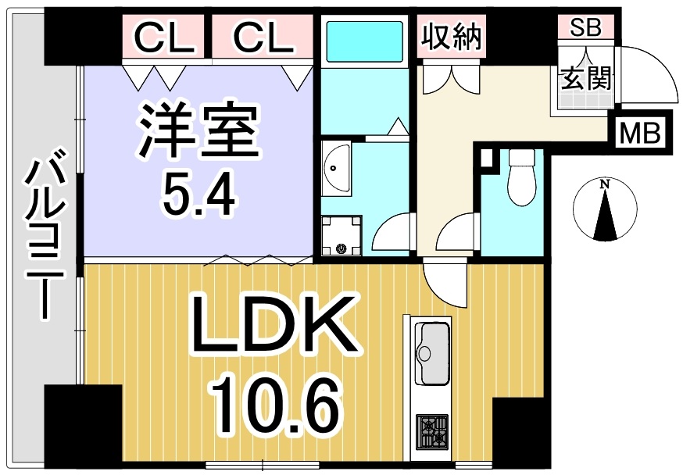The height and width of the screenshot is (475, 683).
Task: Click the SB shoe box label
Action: click(586, 27)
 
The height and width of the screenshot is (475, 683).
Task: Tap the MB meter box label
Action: click(640, 134)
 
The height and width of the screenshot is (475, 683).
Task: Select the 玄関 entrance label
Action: click(586, 79)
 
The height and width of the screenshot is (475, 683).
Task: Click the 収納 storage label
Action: click(451, 37)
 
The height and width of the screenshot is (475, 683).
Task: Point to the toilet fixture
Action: click(521, 177)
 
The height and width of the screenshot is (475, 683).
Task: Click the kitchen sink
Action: click(431, 353)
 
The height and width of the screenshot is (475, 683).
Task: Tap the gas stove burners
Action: click(431, 432)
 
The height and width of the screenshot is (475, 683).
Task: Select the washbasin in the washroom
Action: click(336, 170)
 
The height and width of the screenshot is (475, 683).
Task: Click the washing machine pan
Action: click(341, 235)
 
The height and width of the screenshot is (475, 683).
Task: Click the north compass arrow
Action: click(606, 214)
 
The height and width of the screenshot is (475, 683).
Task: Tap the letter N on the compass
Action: click(604, 184)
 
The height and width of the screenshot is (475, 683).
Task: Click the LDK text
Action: click(270, 324)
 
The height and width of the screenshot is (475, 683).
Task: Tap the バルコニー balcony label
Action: click(44, 234)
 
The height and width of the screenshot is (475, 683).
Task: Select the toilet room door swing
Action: click(455, 234)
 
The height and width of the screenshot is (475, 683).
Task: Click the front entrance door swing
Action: click(650, 74)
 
